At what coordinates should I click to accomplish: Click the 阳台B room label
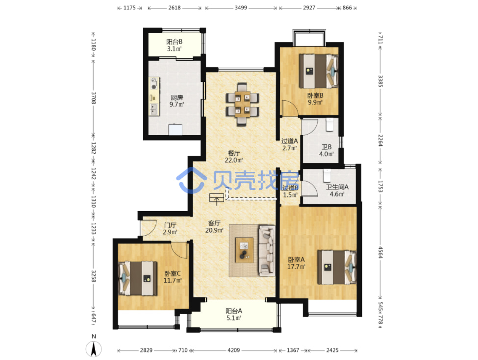[x=174, y=45]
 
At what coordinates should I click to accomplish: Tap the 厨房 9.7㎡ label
[x=176, y=101]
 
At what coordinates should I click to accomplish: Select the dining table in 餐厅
[x=242, y=104]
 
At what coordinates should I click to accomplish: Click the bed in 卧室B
[x=319, y=71]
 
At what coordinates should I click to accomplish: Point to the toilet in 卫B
[x=330, y=125]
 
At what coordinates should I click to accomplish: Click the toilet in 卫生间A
[x=327, y=175]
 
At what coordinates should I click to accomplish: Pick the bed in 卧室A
[x=337, y=267]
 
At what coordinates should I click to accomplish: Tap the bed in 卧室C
[x=137, y=278]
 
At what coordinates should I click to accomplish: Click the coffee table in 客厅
[x=244, y=250]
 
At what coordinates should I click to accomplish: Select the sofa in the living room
[x=267, y=251]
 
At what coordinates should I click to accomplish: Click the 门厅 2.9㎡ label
[x=170, y=228]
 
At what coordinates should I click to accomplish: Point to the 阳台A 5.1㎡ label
[x=234, y=314]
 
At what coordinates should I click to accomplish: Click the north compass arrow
[x=93, y=348]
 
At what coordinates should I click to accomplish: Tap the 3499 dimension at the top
[x=241, y=8]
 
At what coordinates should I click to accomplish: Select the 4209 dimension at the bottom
[x=234, y=350]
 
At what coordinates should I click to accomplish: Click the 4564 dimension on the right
[x=380, y=252]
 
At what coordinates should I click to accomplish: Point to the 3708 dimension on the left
[x=93, y=98]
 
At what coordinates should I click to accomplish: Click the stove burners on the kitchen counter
[x=154, y=83]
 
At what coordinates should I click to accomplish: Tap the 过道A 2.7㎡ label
[x=289, y=144]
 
